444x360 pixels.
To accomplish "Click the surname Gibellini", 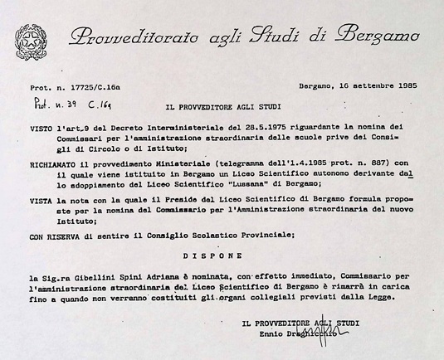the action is pyautogui.click(x=104, y=274).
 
